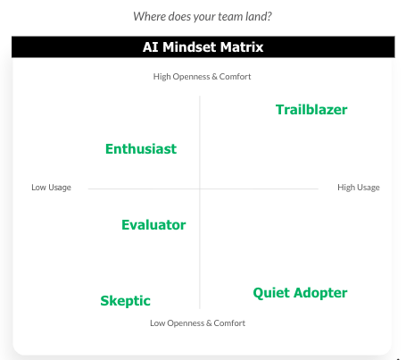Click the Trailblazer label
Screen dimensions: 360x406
coord(311,110)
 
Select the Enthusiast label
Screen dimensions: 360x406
coord(140,149)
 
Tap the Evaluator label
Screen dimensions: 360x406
coord(153,225)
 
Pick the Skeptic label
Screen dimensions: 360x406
coord(125,301)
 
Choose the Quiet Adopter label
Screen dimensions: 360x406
coord(300,293)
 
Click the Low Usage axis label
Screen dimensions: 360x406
coord(51,188)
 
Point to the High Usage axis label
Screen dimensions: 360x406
coord(358,188)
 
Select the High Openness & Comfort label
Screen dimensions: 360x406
coord(203,77)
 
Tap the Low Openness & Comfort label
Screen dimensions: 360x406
coord(197,322)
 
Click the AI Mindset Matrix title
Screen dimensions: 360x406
coord(203,47)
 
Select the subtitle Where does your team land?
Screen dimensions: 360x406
coord(203,16)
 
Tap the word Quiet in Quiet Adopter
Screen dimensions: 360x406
coord(272,293)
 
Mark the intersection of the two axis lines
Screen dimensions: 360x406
coord(200,188)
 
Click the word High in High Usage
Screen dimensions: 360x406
coord(346,188)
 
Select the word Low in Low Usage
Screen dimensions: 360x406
coord(38,188)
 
